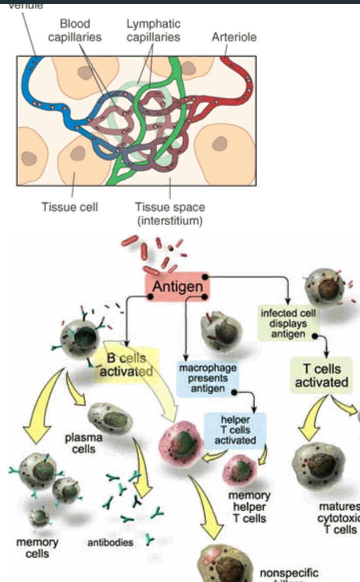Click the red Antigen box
coord(177,286)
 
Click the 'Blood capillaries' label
coord(75,30)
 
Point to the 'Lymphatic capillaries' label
coord(153,30)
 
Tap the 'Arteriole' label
coord(234,37)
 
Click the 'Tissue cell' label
coord(69,207)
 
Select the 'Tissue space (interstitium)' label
coord(170,213)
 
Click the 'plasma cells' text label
coord(83,443)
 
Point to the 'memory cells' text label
coord(37,547)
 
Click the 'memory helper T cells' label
coord(249,507)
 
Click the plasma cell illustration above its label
coord(110,418)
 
